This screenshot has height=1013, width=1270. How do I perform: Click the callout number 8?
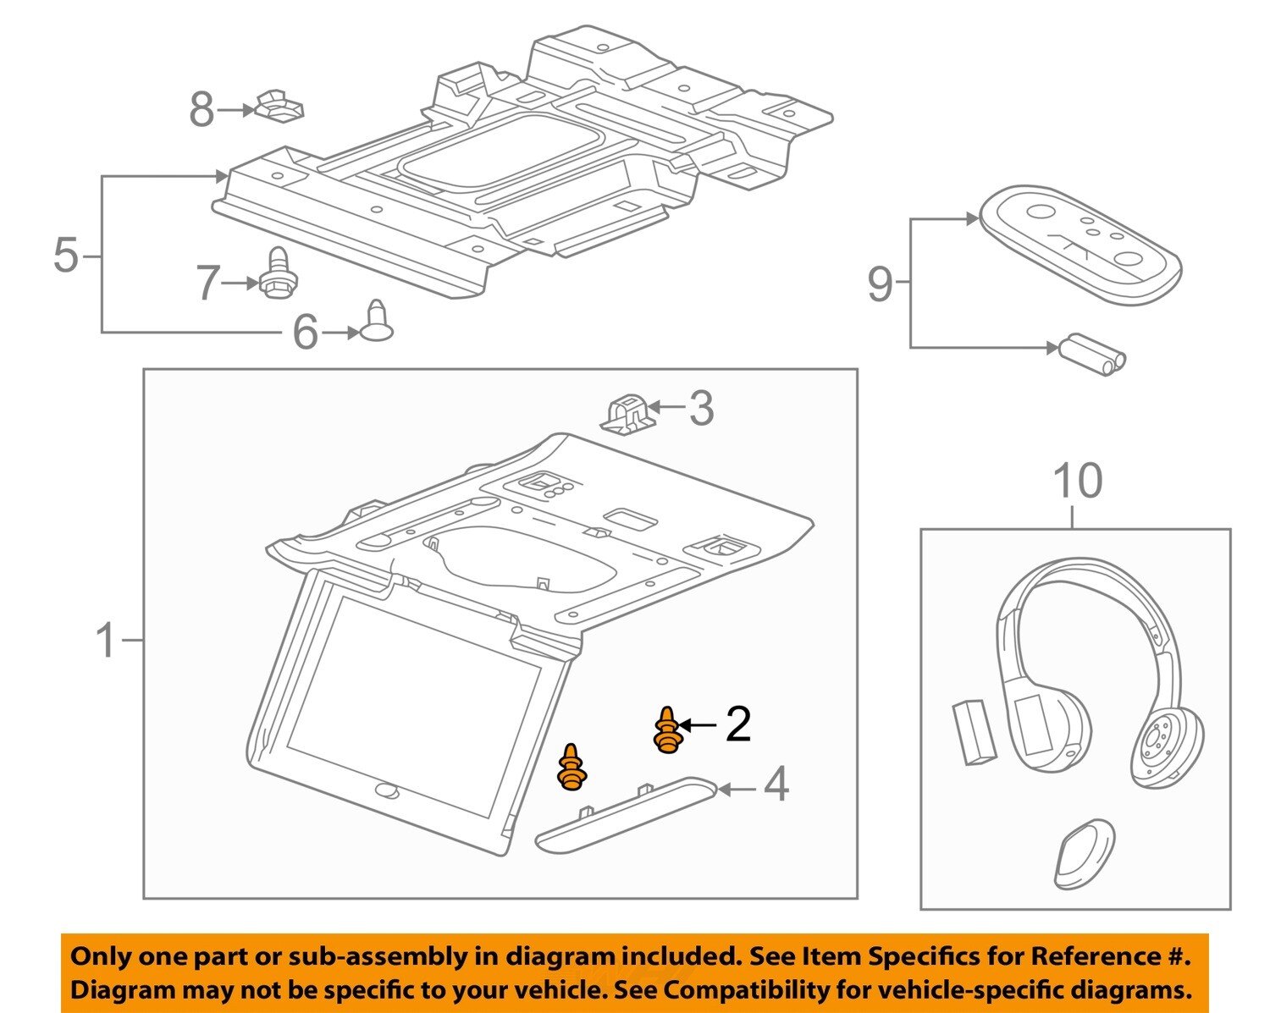pyautogui.click(x=202, y=110)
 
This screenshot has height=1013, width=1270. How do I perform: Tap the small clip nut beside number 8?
pyautogui.click(x=278, y=105)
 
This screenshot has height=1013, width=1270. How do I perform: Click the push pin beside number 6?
pyautogui.click(x=377, y=322)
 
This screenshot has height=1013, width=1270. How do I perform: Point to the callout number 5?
pyautogui.click(x=66, y=255)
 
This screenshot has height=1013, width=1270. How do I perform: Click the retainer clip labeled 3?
pyautogui.click(x=628, y=413)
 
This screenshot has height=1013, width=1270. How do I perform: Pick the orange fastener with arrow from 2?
pyautogui.click(x=667, y=730)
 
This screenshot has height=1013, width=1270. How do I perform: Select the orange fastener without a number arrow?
pyautogui.click(x=571, y=768)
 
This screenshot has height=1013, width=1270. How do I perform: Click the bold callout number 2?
pyautogui.click(x=737, y=724)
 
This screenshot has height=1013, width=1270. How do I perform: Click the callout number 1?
pyautogui.click(x=105, y=641)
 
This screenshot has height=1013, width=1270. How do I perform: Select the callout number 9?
pyautogui.click(x=880, y=284)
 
